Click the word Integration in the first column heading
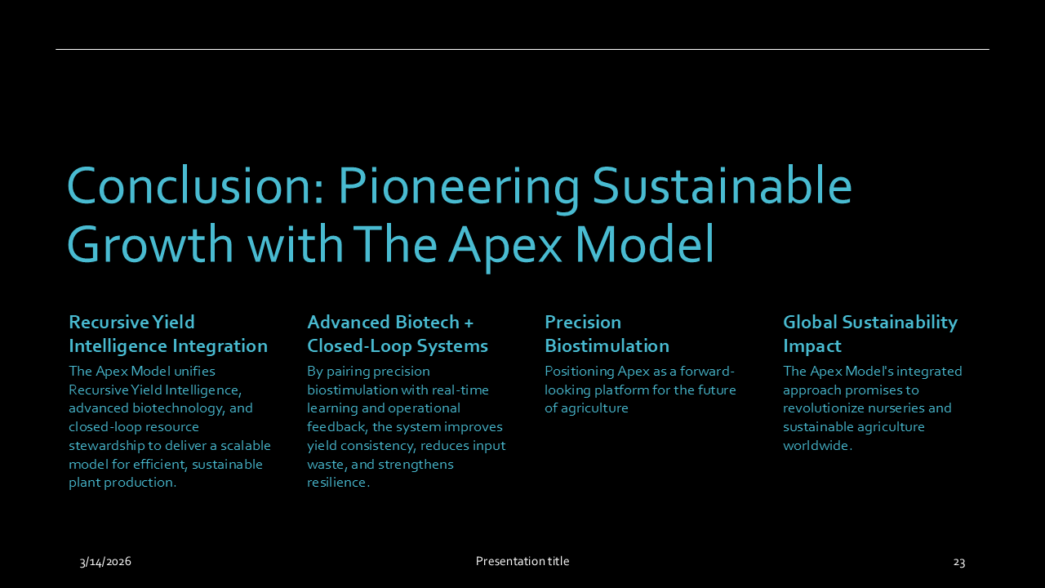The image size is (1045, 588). point(220,345)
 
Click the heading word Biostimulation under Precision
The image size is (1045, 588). point(607,345)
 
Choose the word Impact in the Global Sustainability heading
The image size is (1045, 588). point(812,345)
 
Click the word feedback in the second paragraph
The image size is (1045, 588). point(337,426)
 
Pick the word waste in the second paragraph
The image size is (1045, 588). point(324,464)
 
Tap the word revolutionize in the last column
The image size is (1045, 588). point(823,408)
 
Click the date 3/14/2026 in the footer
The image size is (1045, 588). point(105,561)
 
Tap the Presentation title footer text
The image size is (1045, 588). point(522,561)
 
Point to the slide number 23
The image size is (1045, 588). point(959,562)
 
